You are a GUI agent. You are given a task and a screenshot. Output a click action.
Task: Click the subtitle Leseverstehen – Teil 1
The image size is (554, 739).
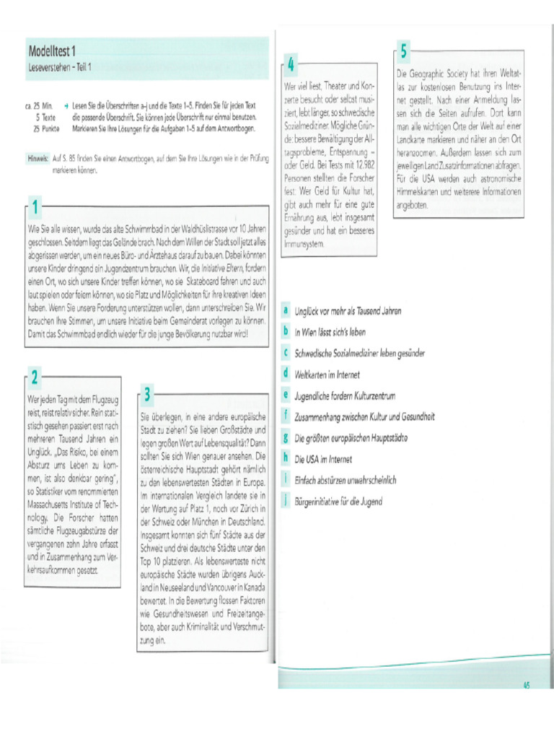pos(59,67)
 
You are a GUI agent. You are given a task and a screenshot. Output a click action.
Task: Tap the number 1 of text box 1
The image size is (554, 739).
pos(34,207)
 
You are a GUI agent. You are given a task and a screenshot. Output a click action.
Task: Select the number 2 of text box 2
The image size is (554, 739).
pos(35,376)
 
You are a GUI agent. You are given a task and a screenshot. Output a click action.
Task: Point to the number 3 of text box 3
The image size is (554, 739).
pos(147,394)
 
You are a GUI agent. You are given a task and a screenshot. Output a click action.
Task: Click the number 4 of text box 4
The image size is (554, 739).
pos(291,65)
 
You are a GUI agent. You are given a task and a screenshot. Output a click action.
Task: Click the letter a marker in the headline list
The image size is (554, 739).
pos(286,310)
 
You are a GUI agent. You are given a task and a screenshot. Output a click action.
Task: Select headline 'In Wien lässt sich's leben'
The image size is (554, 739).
pos(330,333)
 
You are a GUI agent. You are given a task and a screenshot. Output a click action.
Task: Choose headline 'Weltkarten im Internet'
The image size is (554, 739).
pos(327,375)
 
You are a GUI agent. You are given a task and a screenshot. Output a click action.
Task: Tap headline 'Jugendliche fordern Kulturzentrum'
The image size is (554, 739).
pos(345,396)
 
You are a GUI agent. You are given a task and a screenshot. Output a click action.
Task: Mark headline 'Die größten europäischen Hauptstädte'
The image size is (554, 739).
pos(352,438)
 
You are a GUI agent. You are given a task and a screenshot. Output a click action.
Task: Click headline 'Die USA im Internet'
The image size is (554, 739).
pos(323,459)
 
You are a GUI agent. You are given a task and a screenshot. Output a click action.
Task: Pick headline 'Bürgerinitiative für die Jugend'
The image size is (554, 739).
pos(338,502)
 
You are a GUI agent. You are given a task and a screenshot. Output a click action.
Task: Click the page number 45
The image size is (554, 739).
pos(527,686)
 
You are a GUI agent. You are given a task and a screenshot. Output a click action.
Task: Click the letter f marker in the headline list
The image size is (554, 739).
pos(286,416)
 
